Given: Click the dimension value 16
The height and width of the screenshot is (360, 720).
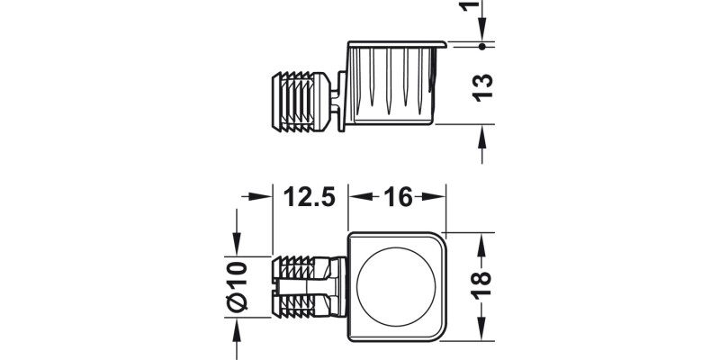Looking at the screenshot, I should point(397,194).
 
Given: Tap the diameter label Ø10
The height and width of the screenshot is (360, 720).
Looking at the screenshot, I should point(237,286).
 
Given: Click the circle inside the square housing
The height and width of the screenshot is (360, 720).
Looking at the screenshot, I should point(396,287).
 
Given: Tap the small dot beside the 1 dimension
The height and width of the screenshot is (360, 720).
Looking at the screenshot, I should point(483,44).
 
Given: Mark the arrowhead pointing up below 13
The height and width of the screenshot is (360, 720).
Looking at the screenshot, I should point(483,133).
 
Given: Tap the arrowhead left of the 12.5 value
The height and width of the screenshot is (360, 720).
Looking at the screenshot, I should point(265,195).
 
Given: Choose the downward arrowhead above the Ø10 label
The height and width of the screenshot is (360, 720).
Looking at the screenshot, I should point(237,248).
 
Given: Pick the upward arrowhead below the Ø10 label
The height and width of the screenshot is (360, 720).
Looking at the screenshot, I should point(237,326).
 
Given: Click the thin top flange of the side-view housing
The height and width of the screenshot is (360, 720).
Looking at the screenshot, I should point(396,41).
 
